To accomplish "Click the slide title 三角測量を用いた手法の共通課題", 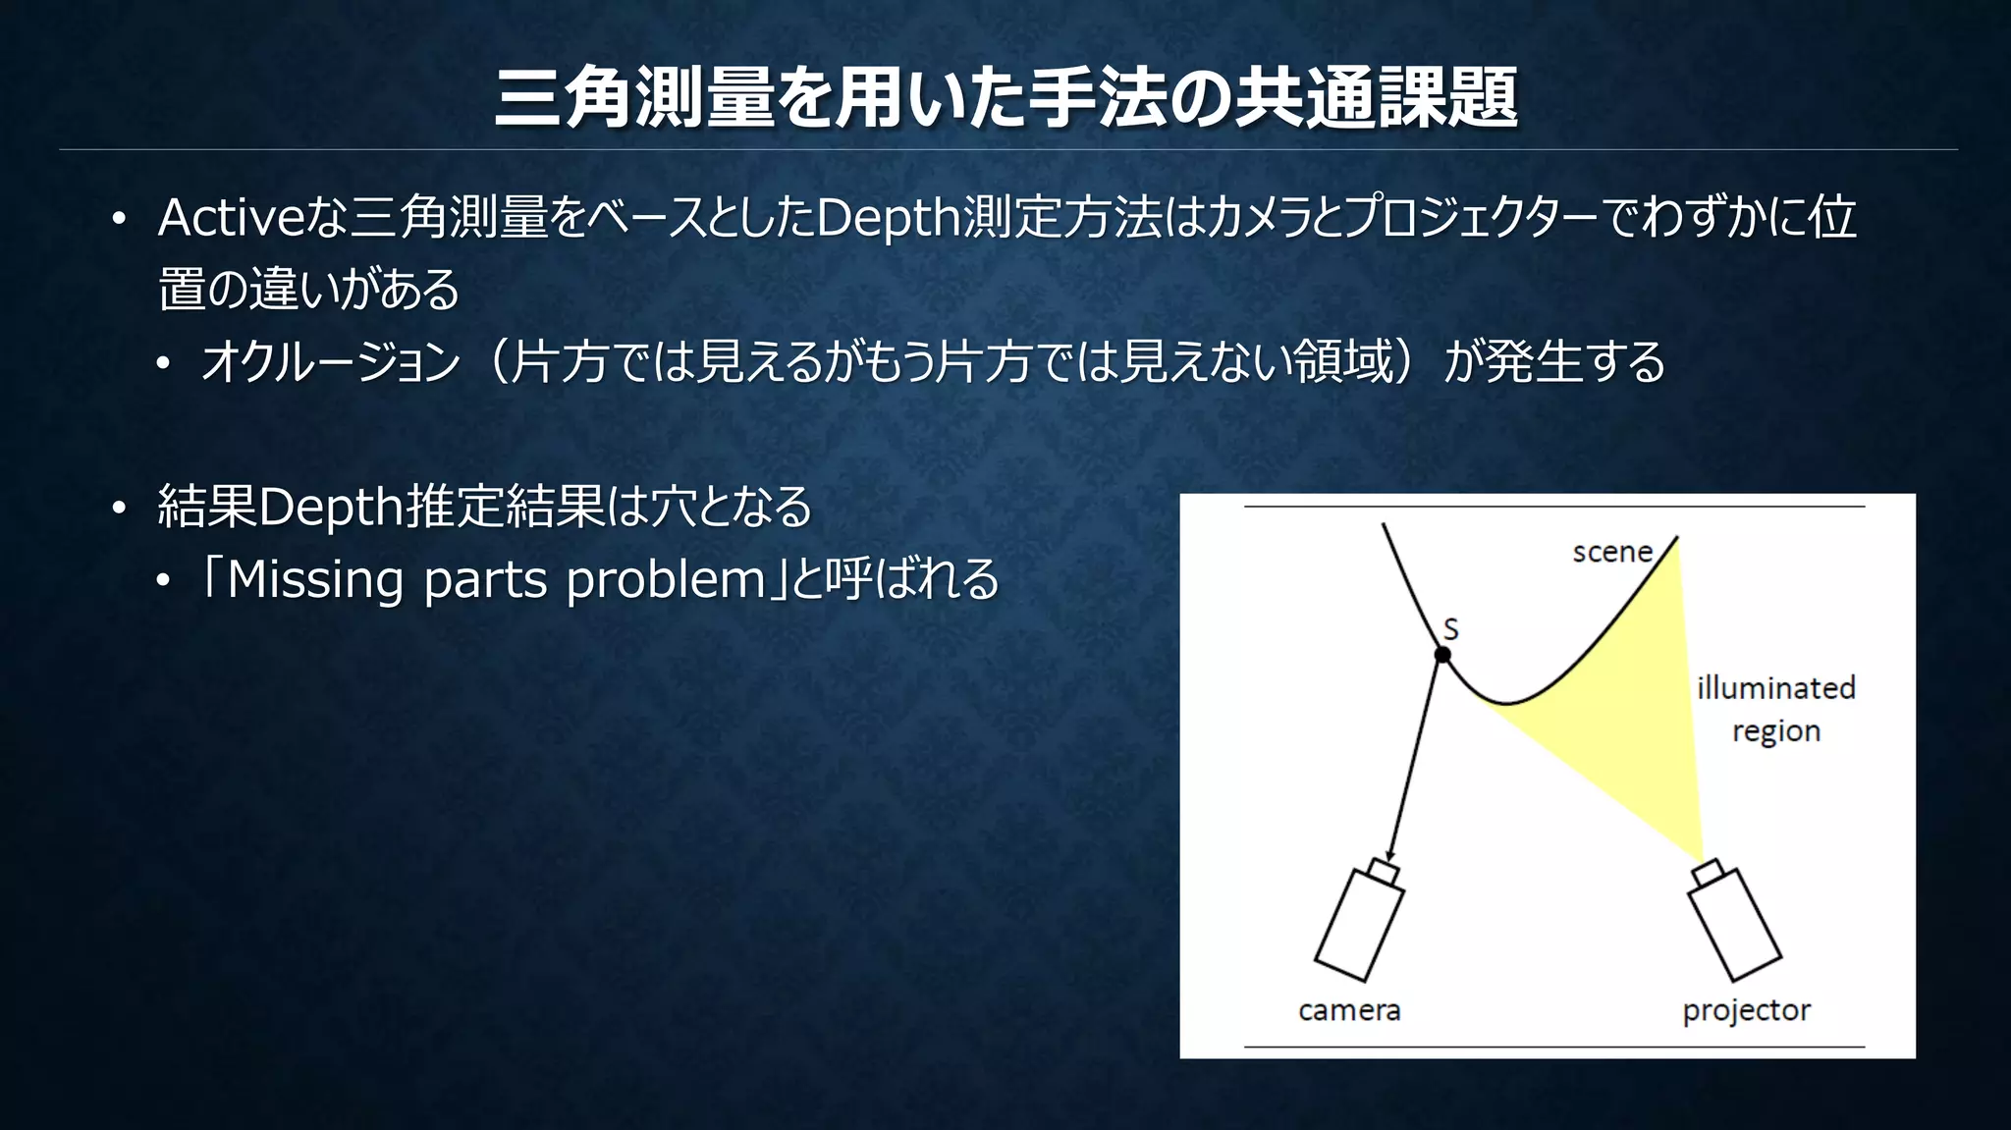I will coord(1005,98).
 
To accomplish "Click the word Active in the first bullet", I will coord(232,217).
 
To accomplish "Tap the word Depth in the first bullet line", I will coord(888,218).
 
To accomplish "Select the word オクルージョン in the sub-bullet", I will coord(330,362).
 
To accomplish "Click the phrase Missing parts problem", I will coord(496,579).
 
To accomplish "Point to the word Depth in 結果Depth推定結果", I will coord(330,507).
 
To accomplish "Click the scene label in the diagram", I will coord(1612,552).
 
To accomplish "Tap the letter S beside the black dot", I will coord(1451,629).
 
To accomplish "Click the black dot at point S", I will coord(1442,655).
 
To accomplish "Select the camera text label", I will coord(1349,1010).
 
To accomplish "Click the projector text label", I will coord(1746,1010).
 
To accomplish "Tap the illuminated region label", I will coord(1775,709).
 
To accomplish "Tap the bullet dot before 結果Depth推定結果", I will coord(119,508).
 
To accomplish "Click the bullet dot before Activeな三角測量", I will coord(119,219).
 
